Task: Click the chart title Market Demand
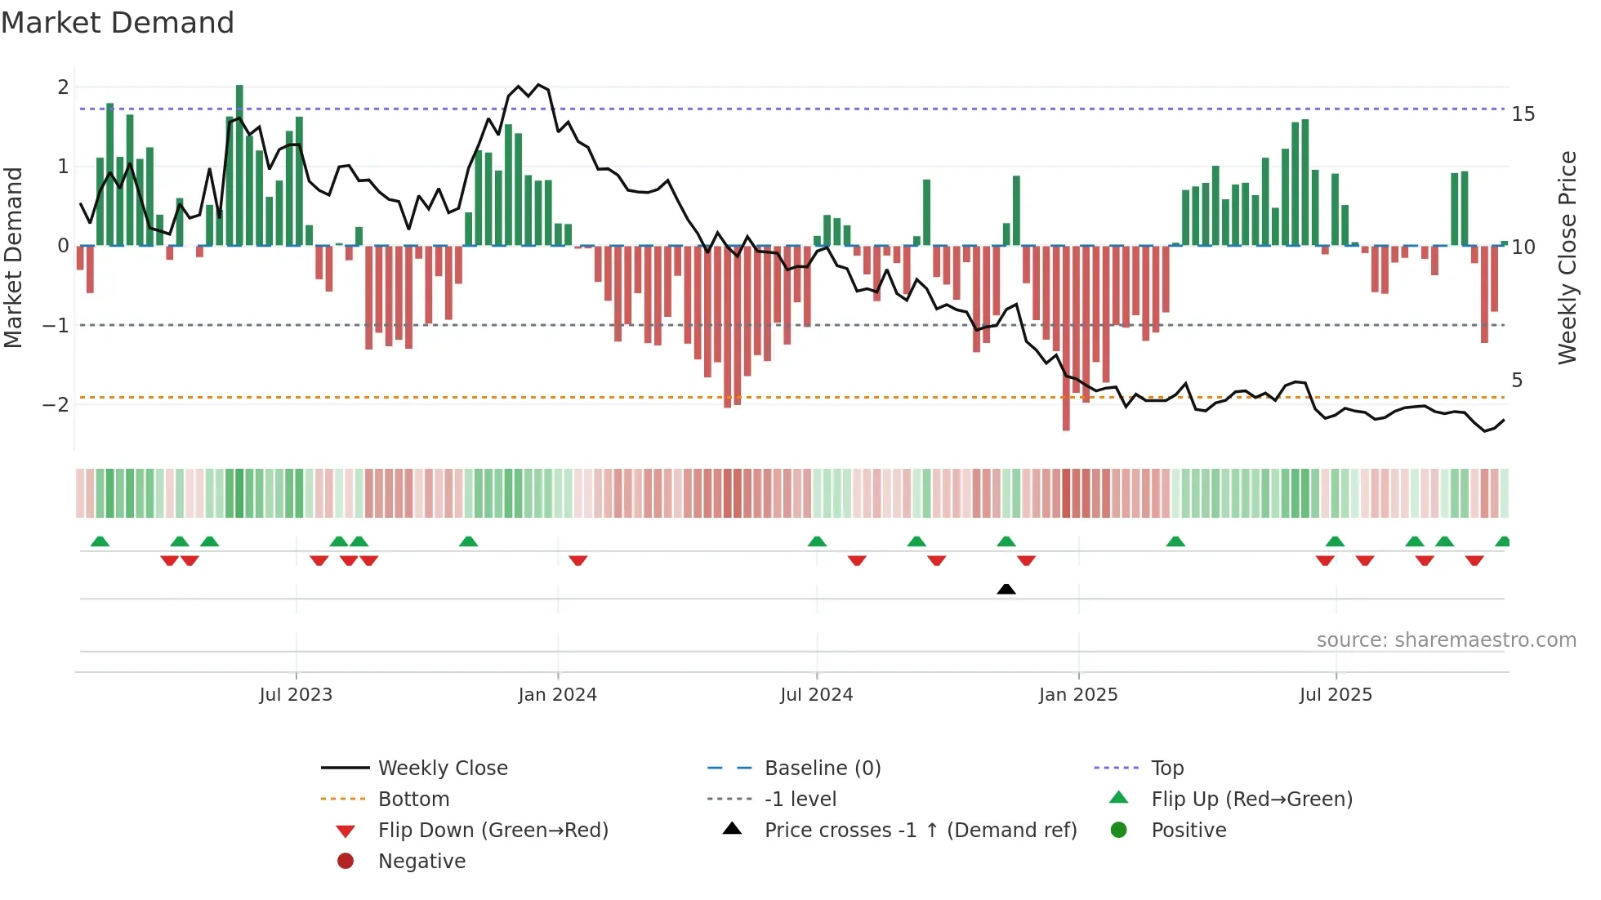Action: pos(118,23)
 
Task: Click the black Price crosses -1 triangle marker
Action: pos(1006,589)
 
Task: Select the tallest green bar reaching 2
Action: pos(239,163)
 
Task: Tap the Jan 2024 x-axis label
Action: pos(558,695)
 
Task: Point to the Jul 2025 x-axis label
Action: pos(1336,695)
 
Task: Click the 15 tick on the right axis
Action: pos(1523,114)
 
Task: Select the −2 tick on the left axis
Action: pos(56,405)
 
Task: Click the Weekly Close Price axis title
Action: pos(1567,257)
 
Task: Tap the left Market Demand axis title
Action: pos(13,257)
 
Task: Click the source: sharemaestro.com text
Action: pos(1446,640)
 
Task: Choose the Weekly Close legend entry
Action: pos(442,769)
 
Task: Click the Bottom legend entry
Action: pos(413,800)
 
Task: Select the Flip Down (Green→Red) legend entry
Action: pos(493,831)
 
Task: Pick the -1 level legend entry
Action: pos(800,800)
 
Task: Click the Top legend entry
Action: pos(1167,769)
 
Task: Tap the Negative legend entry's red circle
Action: pos(346,862)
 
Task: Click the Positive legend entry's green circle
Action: pos(1119,831)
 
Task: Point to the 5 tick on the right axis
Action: pos(1517,381)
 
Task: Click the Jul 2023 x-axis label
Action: pos(296,695)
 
